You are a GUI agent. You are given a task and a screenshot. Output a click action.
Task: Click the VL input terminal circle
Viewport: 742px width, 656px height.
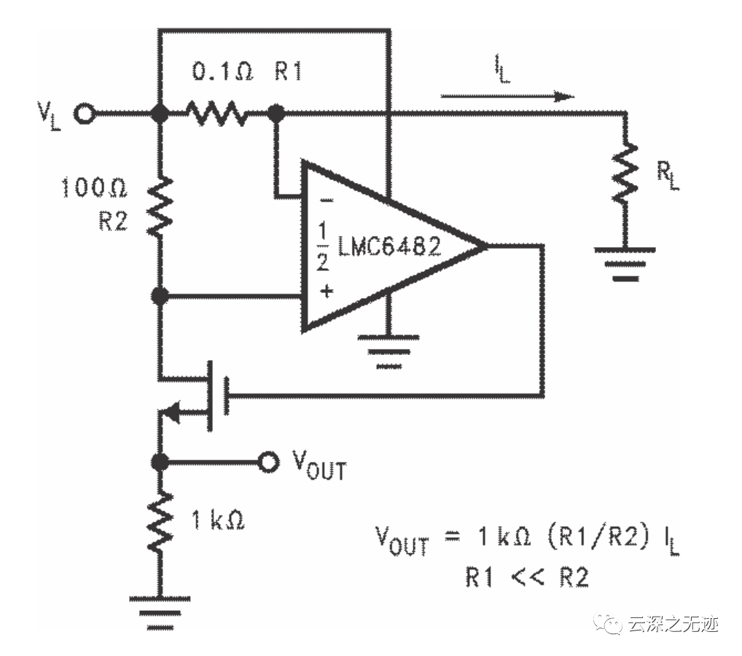coord(86,114)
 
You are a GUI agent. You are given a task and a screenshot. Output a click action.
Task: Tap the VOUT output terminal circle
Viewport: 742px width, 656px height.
coord(270,461)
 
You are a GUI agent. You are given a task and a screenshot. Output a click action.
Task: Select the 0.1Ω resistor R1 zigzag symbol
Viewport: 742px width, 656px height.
coord(217,114)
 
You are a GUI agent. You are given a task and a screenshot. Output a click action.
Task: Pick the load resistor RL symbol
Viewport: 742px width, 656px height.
coord(625,173)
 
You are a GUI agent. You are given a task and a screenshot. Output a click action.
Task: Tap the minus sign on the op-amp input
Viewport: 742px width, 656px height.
coord(326,199)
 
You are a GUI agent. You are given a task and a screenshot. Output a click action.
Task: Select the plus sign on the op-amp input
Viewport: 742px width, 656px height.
coord(326,292)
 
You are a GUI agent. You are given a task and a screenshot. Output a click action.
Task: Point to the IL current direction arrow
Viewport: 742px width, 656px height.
coord(507,95)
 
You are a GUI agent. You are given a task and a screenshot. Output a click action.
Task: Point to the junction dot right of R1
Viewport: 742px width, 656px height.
coord(276,114)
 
